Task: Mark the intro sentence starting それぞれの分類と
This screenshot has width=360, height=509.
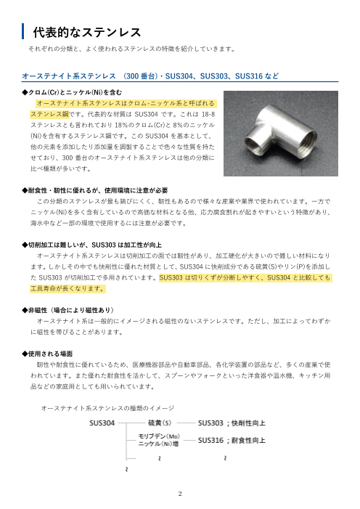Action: [x=131, y=49]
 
